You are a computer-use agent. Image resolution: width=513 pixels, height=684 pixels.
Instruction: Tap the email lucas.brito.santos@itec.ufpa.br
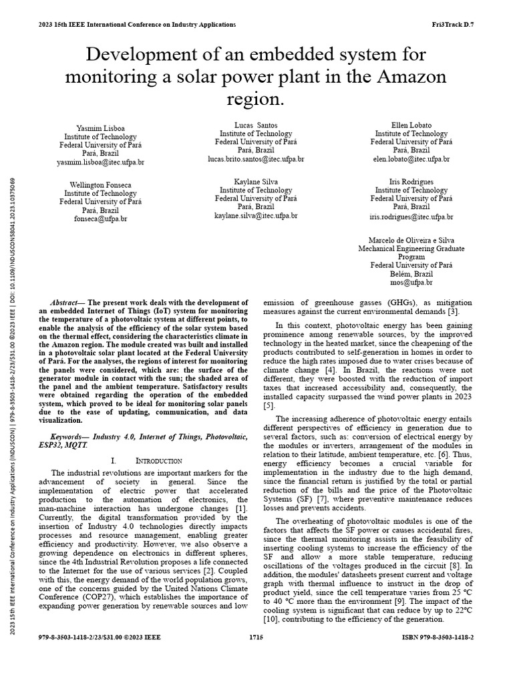pyautogui.click(x=256, y=160)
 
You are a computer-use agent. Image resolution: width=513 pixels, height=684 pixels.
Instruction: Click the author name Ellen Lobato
pyautogui.click(x=411, y=125)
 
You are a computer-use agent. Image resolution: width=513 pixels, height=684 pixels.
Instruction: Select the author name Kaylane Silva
pyautogui.click(x=256, y=182)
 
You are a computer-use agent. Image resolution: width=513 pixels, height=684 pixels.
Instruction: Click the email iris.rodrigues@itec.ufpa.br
pyautogui.click(x=411, y=217)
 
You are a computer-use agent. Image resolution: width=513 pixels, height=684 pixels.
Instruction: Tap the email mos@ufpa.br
pyautogui.click(x=411, y=283)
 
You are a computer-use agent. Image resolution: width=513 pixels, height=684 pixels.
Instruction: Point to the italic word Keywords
pyautogui.click(x=68, y=436)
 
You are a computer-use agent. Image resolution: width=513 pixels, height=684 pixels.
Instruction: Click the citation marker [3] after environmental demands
pyautogui.click(x=452, y=312)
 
